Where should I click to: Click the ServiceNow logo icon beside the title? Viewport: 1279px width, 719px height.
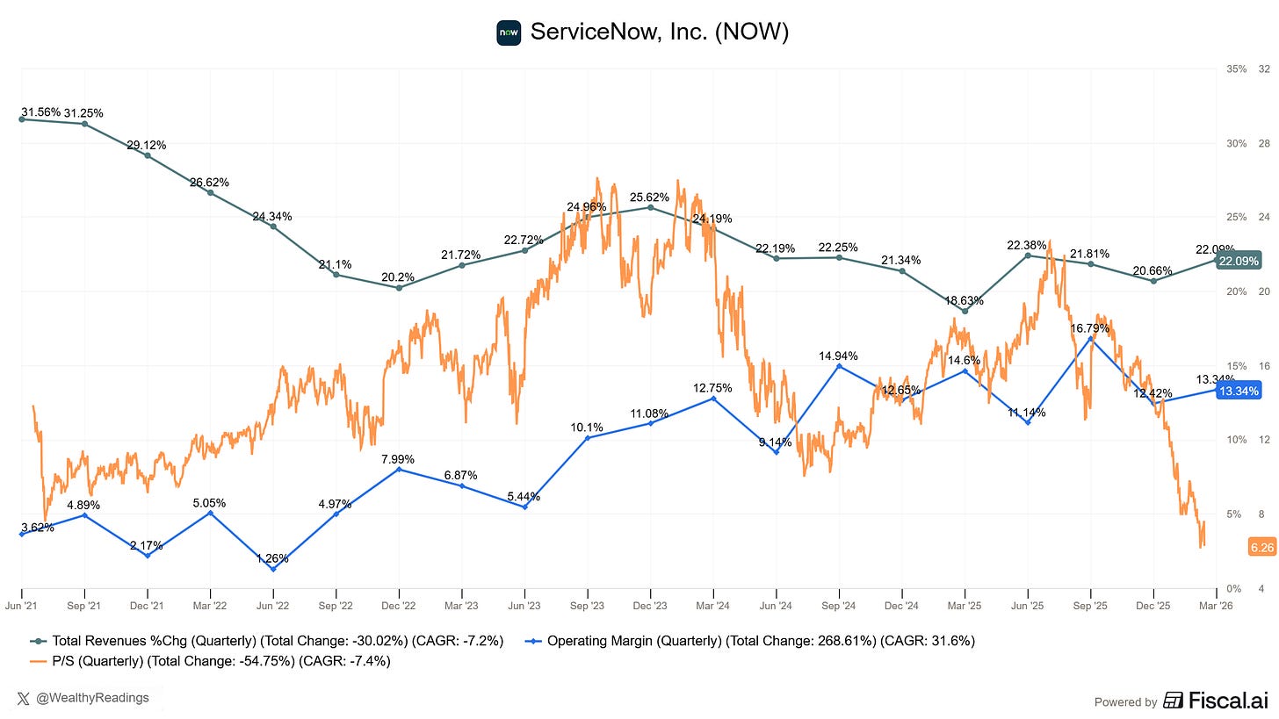(x=509, y=32)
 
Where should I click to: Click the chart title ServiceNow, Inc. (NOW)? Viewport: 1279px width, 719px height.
(x=659, y=32)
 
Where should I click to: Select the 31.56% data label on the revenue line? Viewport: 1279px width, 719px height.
(x=40, y=112)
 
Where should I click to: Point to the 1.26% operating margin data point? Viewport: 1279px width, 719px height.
(x=273, y=569)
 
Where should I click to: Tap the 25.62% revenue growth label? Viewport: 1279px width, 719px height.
(x=650, y=197)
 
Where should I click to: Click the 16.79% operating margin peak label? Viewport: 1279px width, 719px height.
(x=1090, y=328)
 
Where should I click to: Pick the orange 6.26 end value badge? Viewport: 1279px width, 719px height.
(x=1261, y=548)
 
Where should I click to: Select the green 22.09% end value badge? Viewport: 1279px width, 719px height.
(x=1238, y=261)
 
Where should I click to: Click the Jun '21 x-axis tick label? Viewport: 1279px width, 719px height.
(x=22, y=605)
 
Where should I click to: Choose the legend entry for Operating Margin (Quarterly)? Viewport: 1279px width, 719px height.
(x=761, y=641)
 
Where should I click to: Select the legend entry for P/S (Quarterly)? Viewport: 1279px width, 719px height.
(x=211, y=661)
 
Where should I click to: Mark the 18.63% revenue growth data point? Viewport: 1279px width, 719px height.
(x=965, y=311)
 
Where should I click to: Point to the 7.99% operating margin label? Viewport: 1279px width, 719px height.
(x=399, y=458)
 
